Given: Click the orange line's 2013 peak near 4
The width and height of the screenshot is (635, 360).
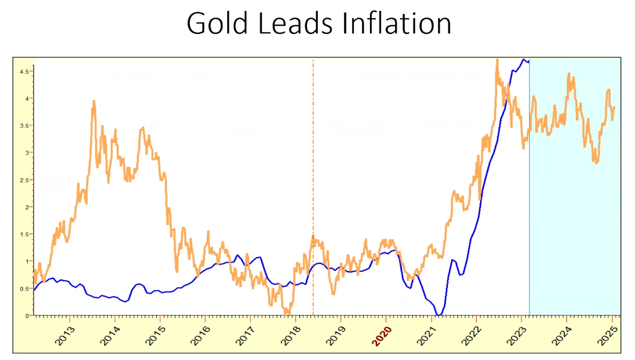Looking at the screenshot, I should (x=94, y=101).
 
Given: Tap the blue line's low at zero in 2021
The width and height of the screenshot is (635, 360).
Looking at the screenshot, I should (x=440, y=315).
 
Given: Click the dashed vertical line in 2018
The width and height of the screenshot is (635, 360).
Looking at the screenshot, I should (x=313, y=157).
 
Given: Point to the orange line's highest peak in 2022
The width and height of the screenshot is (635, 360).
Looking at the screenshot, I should (x=497, y=61).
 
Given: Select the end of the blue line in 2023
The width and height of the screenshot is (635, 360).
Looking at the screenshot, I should (x=528, y=61).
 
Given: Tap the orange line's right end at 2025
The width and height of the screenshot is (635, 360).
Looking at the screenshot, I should (x=614, y=107).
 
